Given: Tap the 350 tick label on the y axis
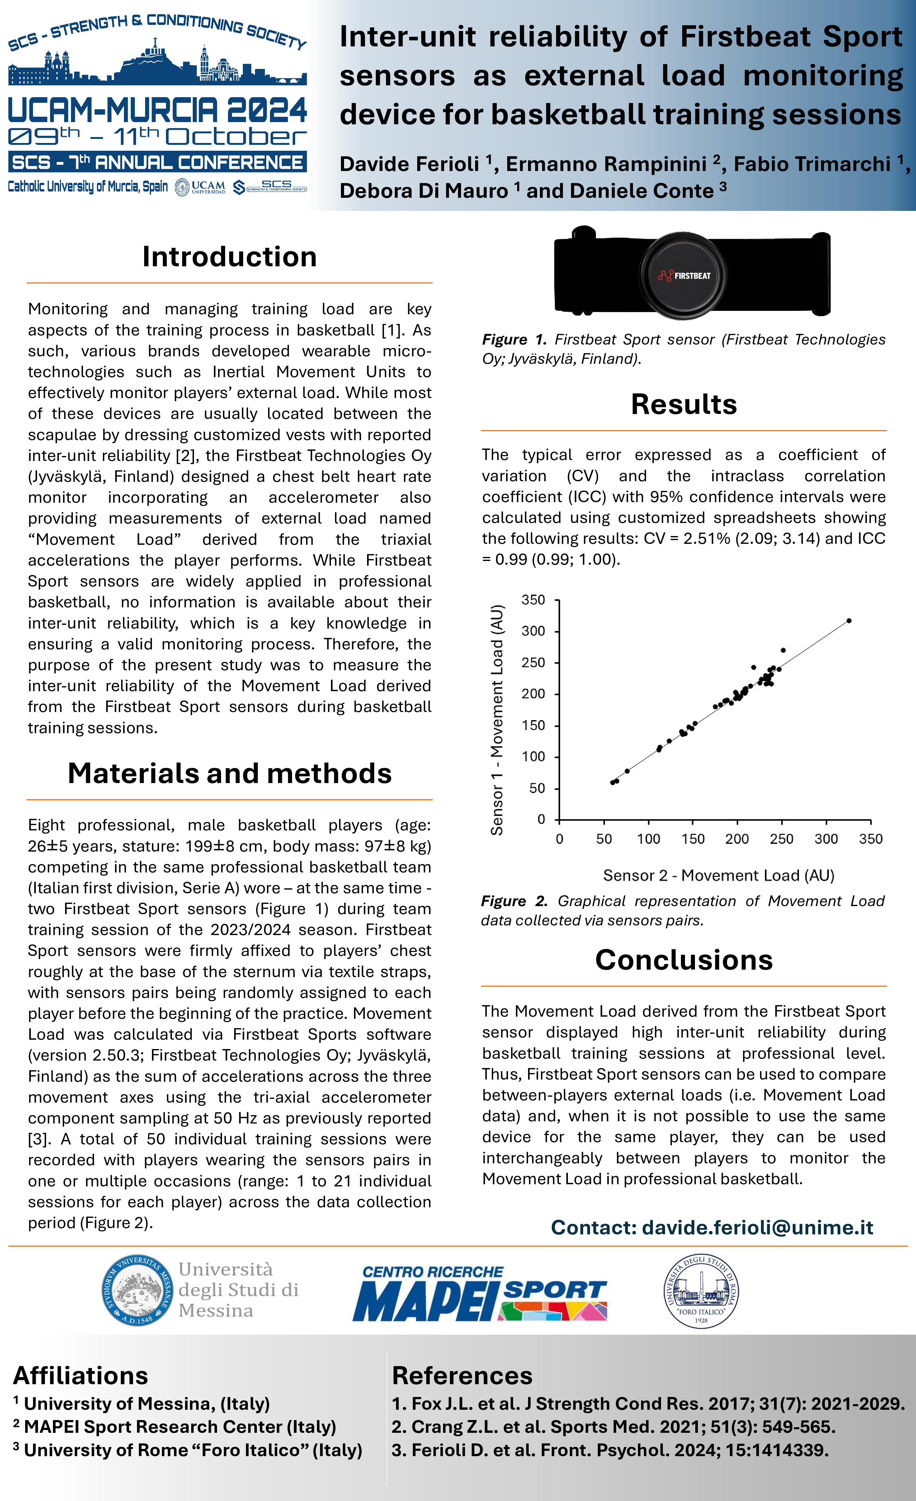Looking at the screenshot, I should point(534,600).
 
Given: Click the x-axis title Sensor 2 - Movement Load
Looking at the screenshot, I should point(719,875).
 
